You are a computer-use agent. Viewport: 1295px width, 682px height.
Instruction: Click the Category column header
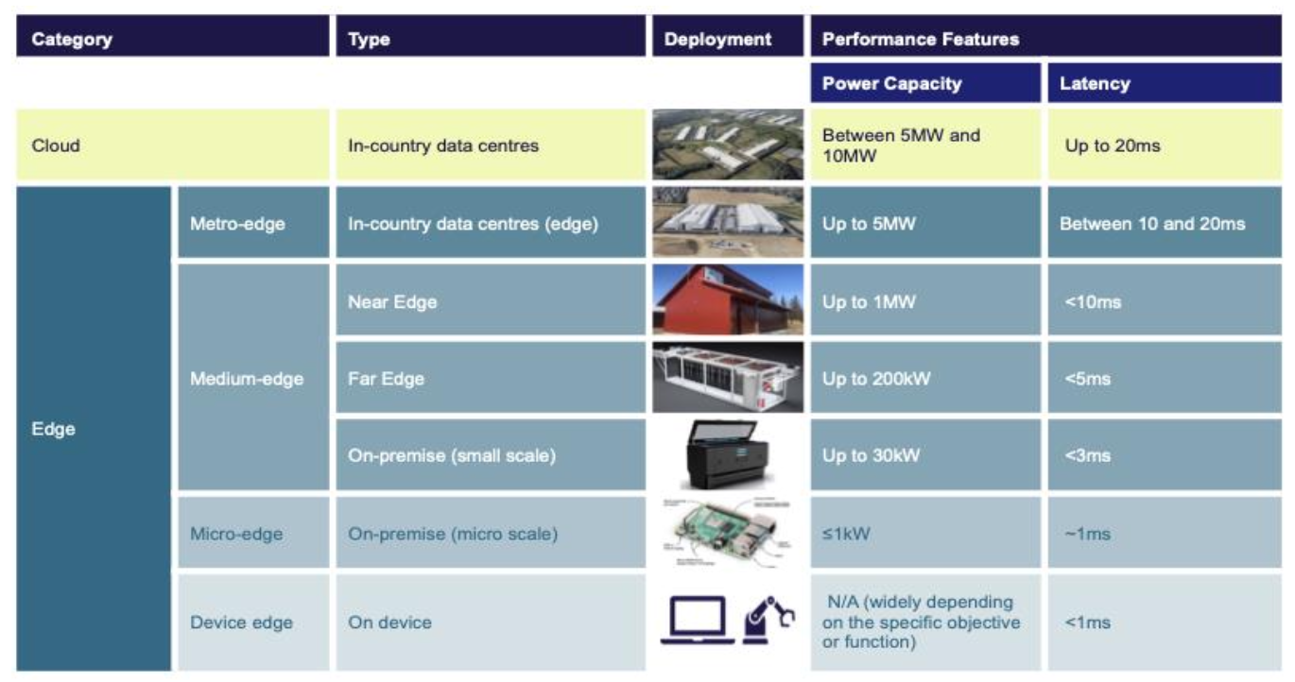pyautogui.click(x=72, y=40)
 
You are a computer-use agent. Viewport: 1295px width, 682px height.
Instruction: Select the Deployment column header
pyautogui.click(x=717, y=40)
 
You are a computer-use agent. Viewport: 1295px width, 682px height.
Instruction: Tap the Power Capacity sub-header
pyautogui.click(x=891, y=83)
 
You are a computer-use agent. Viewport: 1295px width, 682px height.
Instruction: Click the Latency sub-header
pyautogui.click(x=1095, y=83)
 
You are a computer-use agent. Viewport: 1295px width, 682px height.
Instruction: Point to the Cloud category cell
pyautogui.click(x=57, y=145)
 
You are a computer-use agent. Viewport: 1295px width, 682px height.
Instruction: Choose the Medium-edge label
pyautogui.click(x=247, y=379)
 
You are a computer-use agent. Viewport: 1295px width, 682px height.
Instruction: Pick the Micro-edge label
pyautogui.click(x=236, y=534)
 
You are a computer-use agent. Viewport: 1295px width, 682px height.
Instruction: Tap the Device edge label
pyautogui.click(x=241, y=622)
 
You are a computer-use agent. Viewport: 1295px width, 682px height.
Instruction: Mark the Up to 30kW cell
pyautogui.click(x=870, y=455)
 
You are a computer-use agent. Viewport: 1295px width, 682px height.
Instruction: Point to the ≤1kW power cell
pyautogui.click(x=846, y=534)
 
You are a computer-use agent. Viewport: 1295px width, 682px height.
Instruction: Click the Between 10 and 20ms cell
pyautogui.click(x=1152, y=224)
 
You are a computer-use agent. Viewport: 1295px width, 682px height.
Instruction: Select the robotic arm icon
pyautogui.click(x=768, y=619)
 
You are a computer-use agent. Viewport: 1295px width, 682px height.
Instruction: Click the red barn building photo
pyautogui.click(x=727, y=299)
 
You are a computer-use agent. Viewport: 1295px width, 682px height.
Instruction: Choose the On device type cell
pyautogui.click(x=389, y=622)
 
